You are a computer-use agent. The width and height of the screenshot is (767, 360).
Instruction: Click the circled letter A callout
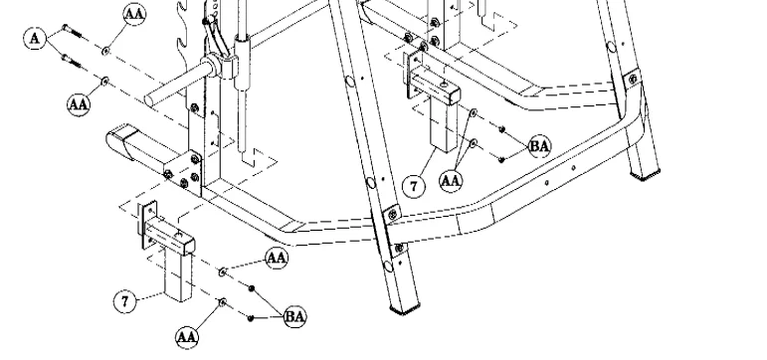click(36, 37)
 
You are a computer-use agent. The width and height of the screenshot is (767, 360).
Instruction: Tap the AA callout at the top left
click(132, 14)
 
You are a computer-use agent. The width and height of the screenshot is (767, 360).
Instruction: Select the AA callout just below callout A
click(77, 102)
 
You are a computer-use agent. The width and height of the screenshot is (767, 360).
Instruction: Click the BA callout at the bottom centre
click(295, 317)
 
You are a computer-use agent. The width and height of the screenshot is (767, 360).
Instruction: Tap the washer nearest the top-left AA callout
click(104, 48)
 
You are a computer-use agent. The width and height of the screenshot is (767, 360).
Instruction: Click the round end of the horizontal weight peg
click(150, 98)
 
